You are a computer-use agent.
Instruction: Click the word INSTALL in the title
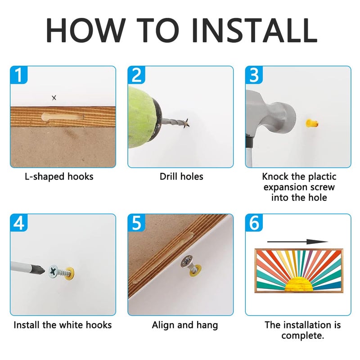[x=255, y=30]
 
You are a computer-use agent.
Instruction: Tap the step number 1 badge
[x=19, y=75]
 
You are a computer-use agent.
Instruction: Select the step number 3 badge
[x=254, y=75]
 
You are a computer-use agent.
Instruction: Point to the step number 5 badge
[x=136, y=223]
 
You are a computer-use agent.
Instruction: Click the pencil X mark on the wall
[x=54, y=98]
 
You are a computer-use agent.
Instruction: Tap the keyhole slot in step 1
[x=63, y=117]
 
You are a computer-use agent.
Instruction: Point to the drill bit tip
[x=188, y=123]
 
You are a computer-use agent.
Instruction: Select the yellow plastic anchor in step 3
[x=312, y=123]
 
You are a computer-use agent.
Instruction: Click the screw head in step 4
[x=54, y=271]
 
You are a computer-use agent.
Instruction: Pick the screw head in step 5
[x=187, y=261]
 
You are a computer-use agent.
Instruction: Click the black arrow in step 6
[x=297, y=242]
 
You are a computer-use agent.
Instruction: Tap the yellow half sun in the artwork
[x=298, y=284]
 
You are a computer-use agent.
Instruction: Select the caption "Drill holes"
[x=181, y=176]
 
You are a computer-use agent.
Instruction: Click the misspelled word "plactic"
[x=322, y=177]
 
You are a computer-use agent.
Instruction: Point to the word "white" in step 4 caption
[x=72, y=325]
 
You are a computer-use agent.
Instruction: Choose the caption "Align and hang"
[x=185, y=325]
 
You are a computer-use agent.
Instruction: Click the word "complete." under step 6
[x=302, y=336]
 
